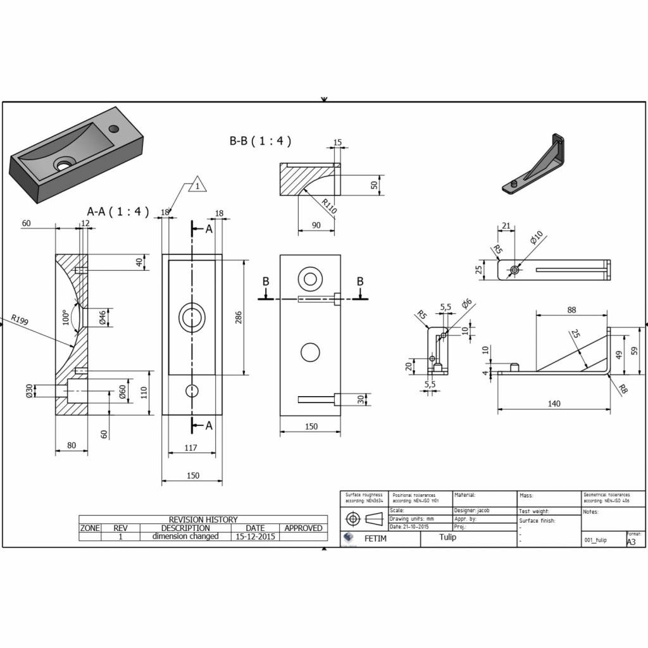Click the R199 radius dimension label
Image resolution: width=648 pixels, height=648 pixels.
pyautogui.click(x=20, y=320)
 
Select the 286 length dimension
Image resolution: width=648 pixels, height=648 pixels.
pyautogui.click(x=239, y=318)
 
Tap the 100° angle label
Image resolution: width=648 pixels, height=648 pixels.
pyautogui.click(x=65, y=316)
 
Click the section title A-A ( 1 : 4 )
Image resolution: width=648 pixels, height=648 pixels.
pyautogui.click(x=118, y=212)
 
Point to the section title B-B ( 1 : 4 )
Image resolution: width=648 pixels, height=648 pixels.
pyautogui.click(x=260, y=141)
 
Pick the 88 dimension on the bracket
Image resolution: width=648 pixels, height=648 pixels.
pyautogui.click(x=571, y=309)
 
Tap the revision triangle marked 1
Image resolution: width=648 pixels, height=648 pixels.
pyautogui.click(x=197, y=186)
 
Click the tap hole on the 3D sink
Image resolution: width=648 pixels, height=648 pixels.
pyautogui.click(x=114, y=129)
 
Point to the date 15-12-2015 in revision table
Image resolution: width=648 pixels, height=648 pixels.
pyautogui.click(x=254, y=536)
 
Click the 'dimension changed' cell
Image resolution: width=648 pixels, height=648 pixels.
pyautogui.click(x=185, y=536)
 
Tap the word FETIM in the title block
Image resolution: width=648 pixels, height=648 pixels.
pyautogui.click(x=373, y=539)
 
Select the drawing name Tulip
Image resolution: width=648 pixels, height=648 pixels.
pyautogui.click(x=447, y=537)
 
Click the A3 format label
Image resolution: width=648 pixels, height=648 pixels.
pyautogui.click(x=631, y=542)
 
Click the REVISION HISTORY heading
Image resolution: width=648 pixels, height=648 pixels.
pyautogui.click(x=203, y=520)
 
